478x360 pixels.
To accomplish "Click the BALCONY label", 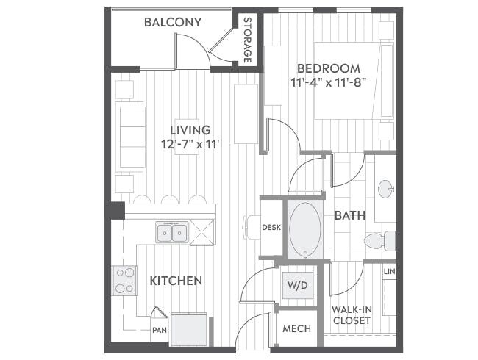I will [172, 22].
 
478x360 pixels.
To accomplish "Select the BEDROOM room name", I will [328, 68].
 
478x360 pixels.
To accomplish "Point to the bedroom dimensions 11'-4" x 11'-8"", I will [328, 83].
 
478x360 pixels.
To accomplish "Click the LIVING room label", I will [190, 130].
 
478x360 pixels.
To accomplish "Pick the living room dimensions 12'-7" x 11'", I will [190, 144].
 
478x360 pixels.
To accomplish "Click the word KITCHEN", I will [176, 281].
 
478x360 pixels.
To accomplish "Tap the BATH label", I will [348, 216].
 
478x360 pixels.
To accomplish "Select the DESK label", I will [271, 228].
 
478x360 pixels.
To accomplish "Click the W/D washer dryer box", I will [296, 284].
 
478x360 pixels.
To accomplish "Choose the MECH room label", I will [296, 328].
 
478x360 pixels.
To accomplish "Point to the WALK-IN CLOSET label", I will [351, 315].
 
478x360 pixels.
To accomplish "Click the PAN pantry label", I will [159, 330].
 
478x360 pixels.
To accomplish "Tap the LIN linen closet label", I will [389, 273].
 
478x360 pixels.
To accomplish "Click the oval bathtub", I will [304, 229].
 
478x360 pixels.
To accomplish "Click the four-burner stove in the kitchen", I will [124, 279].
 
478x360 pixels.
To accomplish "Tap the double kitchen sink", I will [172, 233].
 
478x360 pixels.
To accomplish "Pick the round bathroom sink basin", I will [386, 190].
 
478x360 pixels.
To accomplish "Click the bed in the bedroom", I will [354, 81].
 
